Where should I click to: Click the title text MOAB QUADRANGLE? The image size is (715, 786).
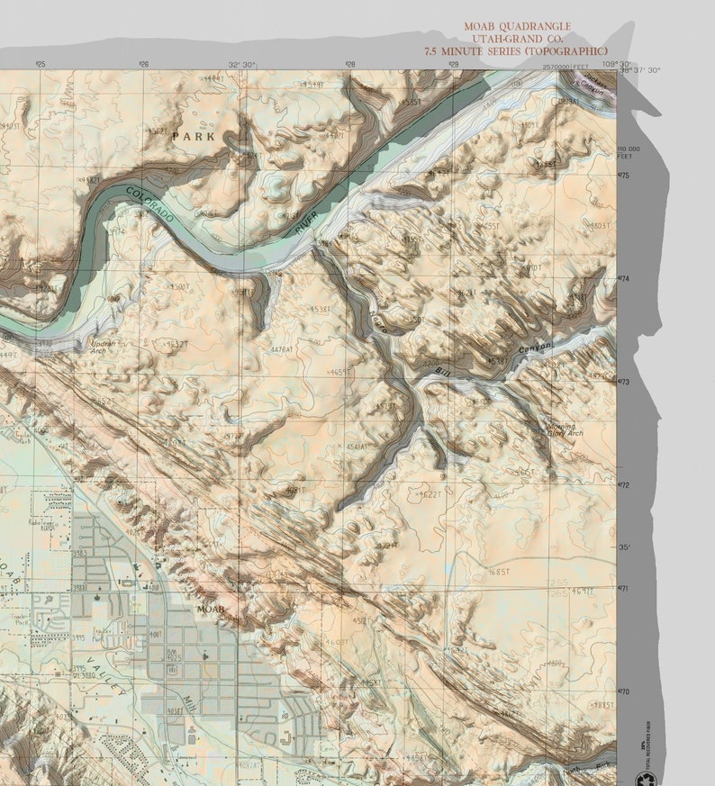point(517,27)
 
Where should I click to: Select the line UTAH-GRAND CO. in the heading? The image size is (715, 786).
point(517,39)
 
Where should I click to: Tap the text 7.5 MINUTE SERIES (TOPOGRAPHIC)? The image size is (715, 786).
point(517,50)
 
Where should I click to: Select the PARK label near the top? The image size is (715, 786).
point(194,137)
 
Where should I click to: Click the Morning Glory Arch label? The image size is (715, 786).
point(565,429)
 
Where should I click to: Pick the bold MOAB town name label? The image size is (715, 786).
point(210,610)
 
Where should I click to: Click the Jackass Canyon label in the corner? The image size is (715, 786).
point(590,86)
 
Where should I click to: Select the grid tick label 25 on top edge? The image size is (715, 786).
point(40,65)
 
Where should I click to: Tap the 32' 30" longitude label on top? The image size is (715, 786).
point(241,65)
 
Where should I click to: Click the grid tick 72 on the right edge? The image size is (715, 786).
point(624,485)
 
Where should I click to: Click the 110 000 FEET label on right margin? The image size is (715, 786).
point(629,152)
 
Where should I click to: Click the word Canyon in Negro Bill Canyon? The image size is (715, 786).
point(533,348)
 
